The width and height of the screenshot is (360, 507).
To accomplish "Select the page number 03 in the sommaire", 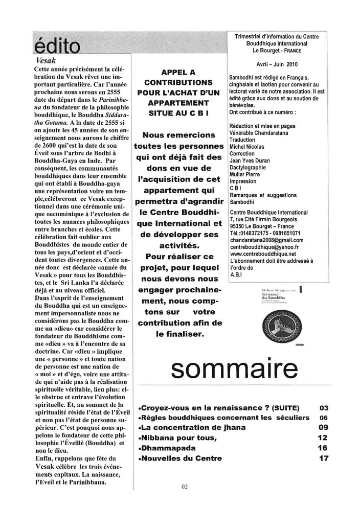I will [323, 408].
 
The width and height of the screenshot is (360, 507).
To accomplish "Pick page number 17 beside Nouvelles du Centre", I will [323, 458].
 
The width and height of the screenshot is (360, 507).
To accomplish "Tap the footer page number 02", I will [185, 487].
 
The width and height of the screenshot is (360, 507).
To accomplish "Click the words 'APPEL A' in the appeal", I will [177, 73].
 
